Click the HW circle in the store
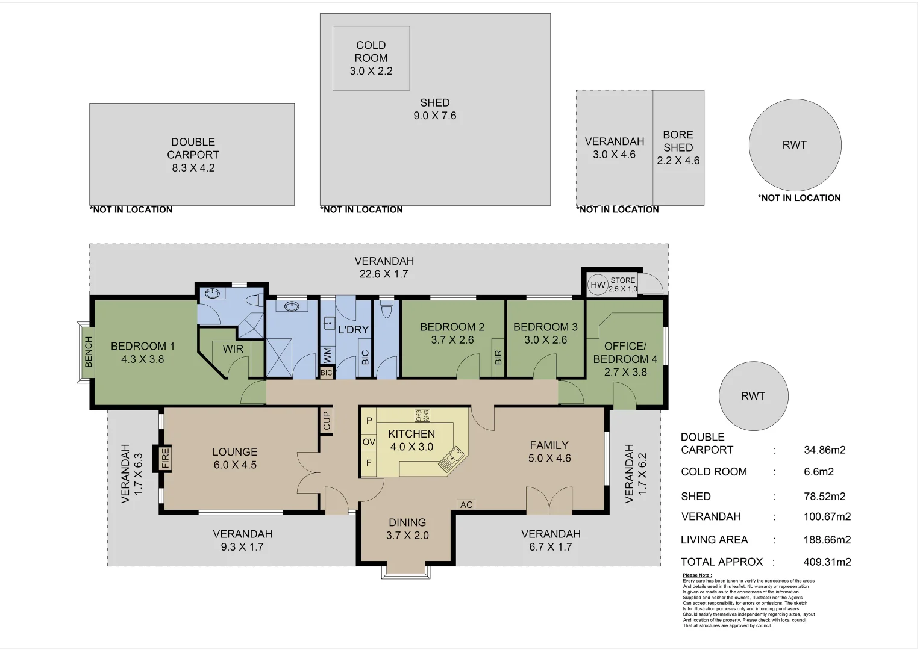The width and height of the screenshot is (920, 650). pos(598,285)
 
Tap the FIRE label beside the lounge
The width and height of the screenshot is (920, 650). pos(165,459)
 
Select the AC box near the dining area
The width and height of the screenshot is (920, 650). pos(466,505)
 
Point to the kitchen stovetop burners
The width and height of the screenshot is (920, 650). pos(422,415)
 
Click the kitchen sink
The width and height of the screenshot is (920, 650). pos(451,459)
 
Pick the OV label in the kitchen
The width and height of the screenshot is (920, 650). pos(369,442)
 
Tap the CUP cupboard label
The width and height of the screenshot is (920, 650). pos(327,421)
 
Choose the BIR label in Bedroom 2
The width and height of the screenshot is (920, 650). pos(498,357)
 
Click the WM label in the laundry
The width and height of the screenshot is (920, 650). pos(327,355)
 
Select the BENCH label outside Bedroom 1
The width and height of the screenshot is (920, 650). pos(89,351)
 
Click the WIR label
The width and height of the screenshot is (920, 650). pos(233,349)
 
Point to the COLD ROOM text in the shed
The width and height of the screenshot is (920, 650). pos(371,51)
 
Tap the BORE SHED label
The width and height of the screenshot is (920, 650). pos(678,141)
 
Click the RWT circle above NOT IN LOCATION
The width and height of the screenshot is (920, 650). pos(795,145)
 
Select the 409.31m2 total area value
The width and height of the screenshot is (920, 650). pos(827,562)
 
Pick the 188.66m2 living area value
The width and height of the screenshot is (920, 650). pos(827,540)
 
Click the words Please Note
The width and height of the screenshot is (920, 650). pos(697,575)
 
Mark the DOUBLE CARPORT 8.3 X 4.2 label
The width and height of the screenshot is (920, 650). pos(193,155)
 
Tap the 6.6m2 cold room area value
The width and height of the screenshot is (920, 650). pos(819,472)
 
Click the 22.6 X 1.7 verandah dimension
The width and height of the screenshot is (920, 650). pos(384,274)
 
